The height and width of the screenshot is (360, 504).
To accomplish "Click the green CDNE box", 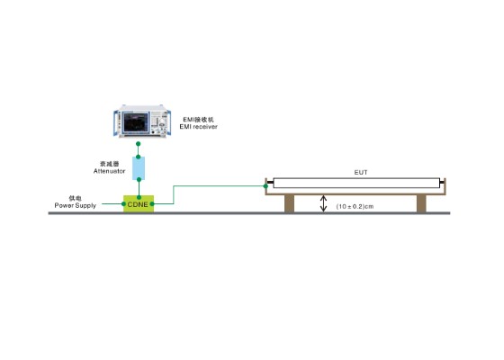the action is click(139, 203).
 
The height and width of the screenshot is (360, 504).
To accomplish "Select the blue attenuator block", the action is click(139, 168).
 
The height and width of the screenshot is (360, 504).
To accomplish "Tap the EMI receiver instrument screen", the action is click(136, 122).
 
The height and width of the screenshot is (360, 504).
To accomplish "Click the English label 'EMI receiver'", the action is click(198, 127).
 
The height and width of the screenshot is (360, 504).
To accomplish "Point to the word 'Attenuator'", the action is click(109, 171).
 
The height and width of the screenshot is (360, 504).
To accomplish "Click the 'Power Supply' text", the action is click(76, 205).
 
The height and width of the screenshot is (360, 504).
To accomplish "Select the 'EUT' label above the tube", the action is click(361, 172).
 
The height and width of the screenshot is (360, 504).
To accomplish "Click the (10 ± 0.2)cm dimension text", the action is click(355, 206).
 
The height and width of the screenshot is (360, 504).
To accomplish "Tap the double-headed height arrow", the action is click(324, 203).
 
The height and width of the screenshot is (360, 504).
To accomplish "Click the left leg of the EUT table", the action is click(289, 203).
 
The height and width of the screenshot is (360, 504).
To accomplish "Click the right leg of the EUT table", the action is click(421, 203).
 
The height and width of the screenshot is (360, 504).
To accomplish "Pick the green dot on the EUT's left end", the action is click(265, 186).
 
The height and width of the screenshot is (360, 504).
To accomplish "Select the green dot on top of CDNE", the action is click(139, 197).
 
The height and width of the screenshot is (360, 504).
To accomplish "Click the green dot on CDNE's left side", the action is click(124, 203).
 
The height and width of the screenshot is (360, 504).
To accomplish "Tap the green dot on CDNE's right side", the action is click(152, 203).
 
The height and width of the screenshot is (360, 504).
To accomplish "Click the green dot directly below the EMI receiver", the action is click(139, 144).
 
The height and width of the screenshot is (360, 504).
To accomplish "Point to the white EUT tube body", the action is click(356, 183).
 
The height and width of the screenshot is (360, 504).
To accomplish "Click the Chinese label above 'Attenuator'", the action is click(109, 164).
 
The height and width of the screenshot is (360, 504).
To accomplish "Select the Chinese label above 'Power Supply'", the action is click(76, 198).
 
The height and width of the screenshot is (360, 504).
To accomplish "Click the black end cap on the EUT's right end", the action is click(442, 183).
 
